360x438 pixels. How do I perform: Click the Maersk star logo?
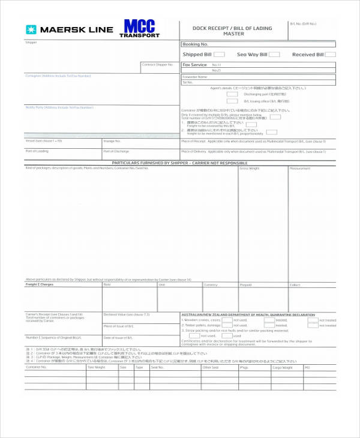coord(30,29)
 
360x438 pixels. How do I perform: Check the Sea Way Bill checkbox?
coord(274,55)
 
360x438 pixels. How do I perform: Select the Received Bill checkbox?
coord(330,55)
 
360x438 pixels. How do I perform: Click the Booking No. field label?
coord(195,44)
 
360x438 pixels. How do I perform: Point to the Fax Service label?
coord(194,64)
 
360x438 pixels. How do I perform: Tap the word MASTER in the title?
coord(232,34)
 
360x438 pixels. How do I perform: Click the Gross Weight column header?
coord(250,169)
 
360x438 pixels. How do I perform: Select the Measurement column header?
coord(300,169)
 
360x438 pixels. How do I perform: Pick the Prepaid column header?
coord(246,285)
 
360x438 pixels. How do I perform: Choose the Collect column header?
coord(295,285)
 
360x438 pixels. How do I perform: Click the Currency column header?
coord(211,285)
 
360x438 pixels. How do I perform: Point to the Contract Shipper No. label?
coord(157,64)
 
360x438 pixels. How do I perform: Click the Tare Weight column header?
coord(96,367)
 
